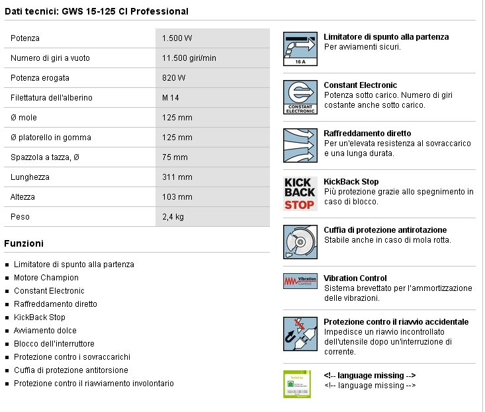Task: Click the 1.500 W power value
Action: tap(177, 38)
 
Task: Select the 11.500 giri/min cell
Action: tap(189, 58)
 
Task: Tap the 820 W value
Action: tap(173, 78)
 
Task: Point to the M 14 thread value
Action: tap(170, 98)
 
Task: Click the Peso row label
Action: tap(20, 217)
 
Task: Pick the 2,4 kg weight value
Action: tap(173, 217)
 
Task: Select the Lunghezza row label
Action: tap(30, 177)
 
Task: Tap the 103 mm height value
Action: tap(177, 197)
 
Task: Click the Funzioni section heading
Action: tap(24, 243)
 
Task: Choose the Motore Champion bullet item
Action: tap(46, 278)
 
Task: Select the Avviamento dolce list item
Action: tap(45, 331)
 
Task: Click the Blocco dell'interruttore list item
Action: tap(54, 344)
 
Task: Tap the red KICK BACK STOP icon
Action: tap(299, 193)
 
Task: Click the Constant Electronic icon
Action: tap(299, 97)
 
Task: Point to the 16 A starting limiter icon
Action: tap(299, 48)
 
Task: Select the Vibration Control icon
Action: tap(299, 280)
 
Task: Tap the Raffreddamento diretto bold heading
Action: tap(367, 134)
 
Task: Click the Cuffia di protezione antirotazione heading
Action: tap(385, 230)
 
